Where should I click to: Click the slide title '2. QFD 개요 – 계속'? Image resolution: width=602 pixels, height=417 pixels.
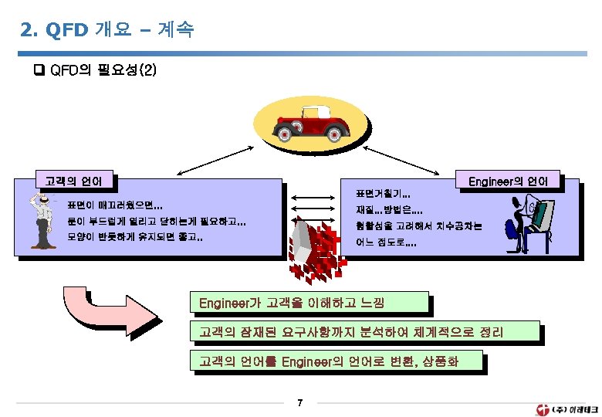(x=108, y=31)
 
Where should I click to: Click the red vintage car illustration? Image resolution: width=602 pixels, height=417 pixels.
(x=314, y=123)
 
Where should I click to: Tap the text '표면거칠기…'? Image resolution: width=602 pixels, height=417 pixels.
(x=382, y=192)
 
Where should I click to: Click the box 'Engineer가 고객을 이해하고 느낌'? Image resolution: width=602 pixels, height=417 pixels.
(x=308, y=302)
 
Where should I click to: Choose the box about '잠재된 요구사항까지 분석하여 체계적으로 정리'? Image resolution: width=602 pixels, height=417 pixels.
(x=364, y=333)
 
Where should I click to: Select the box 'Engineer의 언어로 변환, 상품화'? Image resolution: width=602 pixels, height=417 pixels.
(x=336, y=361)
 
